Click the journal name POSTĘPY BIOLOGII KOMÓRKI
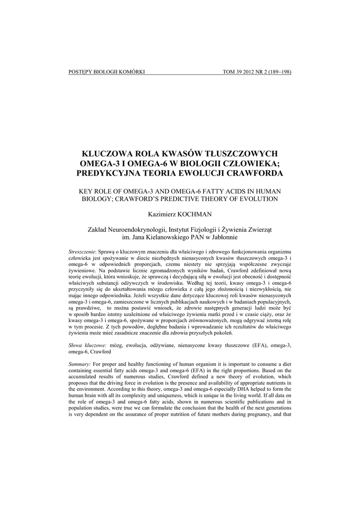(106, 72)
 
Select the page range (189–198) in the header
(279, 72)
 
